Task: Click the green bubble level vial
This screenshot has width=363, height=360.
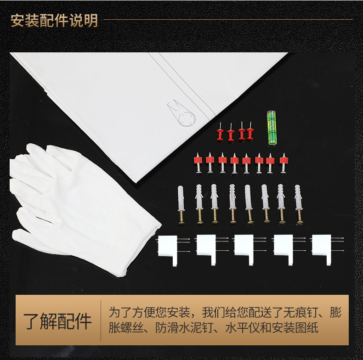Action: [272, 128]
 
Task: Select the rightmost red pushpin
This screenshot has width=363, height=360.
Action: [250, 131]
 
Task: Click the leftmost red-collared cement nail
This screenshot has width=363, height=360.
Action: [198, 163]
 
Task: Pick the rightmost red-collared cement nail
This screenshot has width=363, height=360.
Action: [284, 163]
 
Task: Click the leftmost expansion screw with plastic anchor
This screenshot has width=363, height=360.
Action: [181, 205]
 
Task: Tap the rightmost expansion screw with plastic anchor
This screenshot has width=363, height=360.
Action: [298, 204]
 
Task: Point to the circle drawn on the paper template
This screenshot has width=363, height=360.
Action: [187, 119]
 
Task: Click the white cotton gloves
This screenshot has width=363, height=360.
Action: [76, 206]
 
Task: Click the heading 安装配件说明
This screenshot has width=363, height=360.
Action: [54, 21]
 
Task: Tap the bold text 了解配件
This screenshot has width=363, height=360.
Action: [57, 321]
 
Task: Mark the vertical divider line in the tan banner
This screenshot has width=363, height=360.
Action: [101, 321]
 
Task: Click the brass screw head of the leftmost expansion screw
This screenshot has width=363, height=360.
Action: [181, 223]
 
